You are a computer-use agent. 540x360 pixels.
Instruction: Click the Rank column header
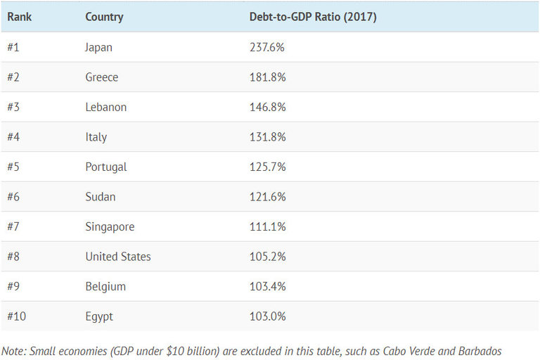click(19, 17)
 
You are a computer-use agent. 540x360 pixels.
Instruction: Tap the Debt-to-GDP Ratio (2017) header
click(313, 17)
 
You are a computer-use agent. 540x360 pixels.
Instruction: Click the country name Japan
click(98, 47)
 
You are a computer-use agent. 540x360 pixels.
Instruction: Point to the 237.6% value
click(267, 47)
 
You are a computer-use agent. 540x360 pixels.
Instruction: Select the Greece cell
click(102, 77)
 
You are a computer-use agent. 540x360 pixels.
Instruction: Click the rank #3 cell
click(14, 107)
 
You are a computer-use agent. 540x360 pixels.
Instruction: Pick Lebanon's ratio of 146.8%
click(267, 107)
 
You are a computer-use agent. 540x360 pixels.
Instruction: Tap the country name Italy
click(96, 137)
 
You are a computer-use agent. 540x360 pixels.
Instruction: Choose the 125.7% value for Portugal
click(267, 167)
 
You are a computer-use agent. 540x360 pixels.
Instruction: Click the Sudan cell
click(101, 197)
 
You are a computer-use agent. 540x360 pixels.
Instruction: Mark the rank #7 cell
click(14, 226)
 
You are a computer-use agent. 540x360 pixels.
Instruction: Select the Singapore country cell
click(110, 226)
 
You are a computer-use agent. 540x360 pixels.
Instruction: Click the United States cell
click(118, 257)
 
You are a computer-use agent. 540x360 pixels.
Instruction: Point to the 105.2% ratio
click(267, 257)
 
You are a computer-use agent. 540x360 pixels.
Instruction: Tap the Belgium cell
click(105, 286)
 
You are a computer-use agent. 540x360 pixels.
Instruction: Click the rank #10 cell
click(17, 316)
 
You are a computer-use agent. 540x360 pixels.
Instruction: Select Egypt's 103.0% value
click(267, 316)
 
